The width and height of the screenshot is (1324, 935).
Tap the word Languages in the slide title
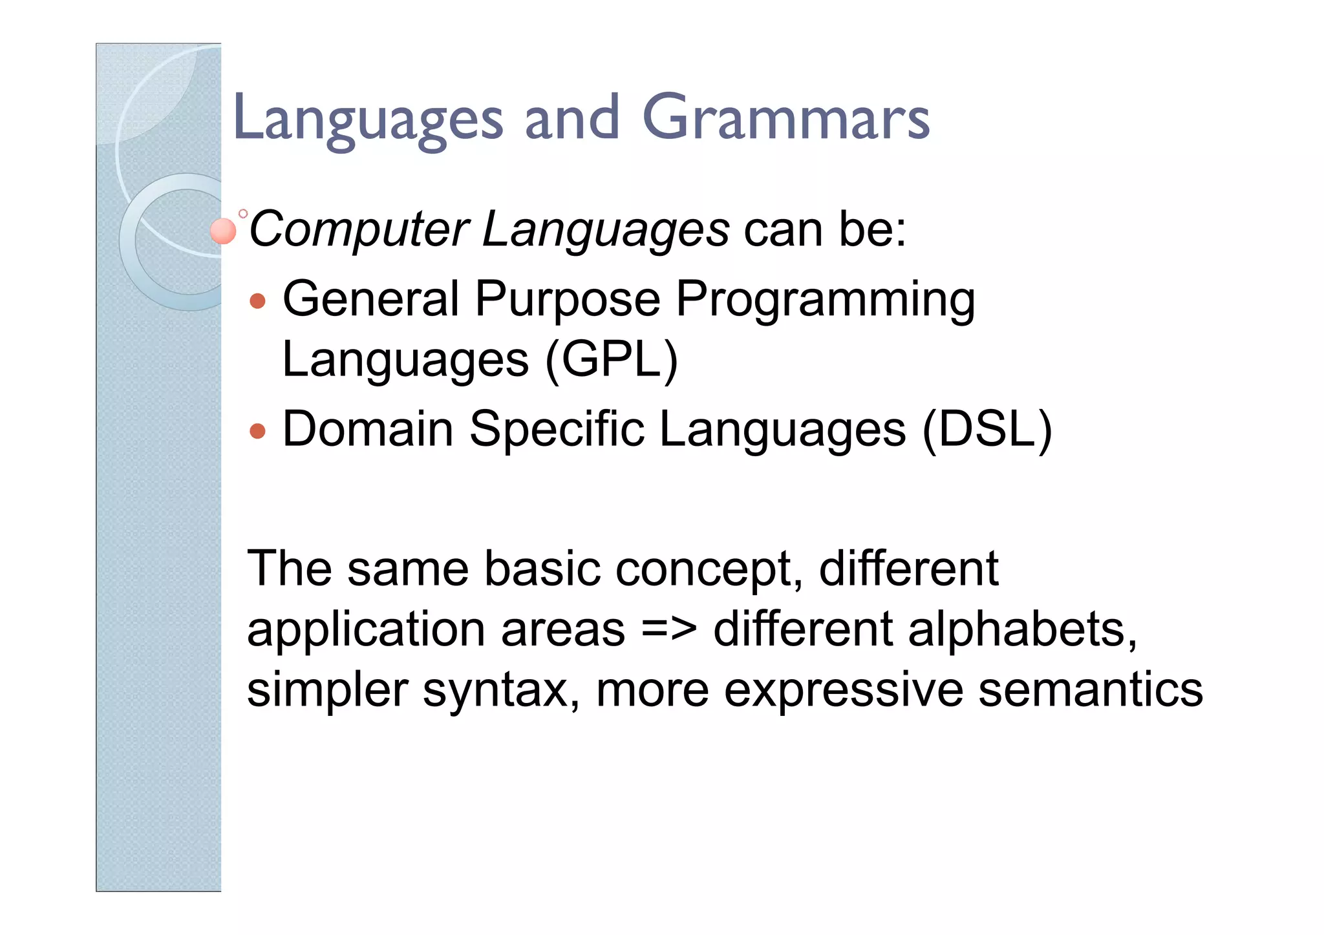367,120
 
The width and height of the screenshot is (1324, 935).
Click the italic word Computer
359,229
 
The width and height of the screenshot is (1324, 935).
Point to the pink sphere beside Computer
223,231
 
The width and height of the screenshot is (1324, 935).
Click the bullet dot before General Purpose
257,301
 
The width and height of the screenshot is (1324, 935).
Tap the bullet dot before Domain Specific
257,431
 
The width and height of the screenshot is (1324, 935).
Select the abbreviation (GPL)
612,360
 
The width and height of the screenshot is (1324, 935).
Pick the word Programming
825,300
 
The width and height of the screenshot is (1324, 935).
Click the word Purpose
568,300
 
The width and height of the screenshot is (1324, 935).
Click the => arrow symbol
669,630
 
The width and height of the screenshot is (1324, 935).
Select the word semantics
1090,689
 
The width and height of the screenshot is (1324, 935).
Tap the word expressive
843,691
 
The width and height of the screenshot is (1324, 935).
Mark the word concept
709,569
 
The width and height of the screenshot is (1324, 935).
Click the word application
366,630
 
